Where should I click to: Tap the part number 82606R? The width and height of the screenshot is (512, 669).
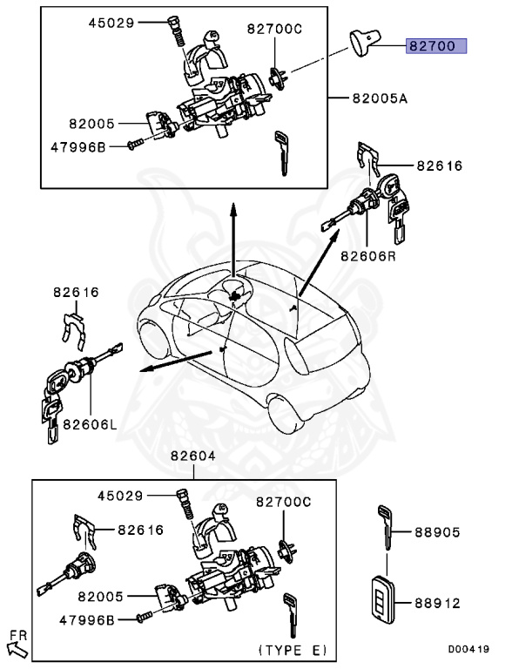[x=370, y=257]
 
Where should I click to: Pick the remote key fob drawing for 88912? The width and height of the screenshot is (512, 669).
[x=381, y=600]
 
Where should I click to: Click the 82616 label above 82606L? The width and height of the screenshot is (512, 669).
[x=77, y=294]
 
